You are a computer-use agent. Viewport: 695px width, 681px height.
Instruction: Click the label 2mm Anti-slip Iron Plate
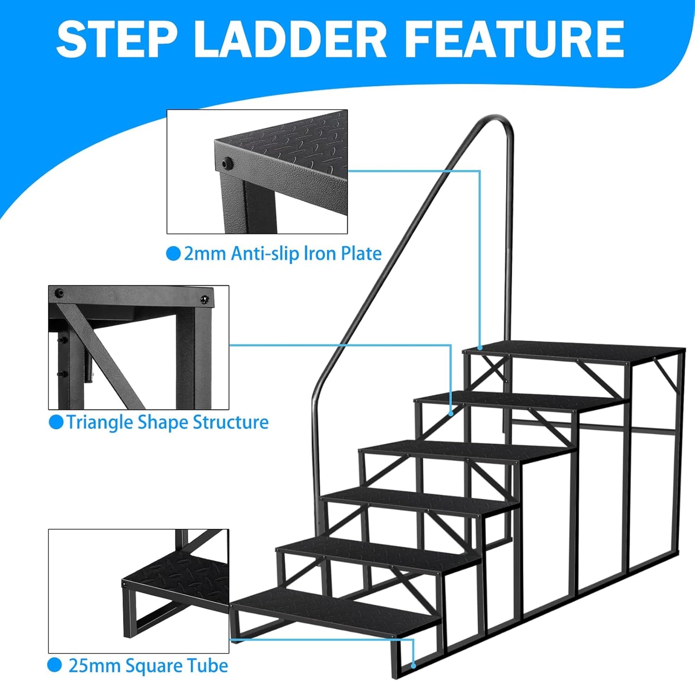(x=282, y=254)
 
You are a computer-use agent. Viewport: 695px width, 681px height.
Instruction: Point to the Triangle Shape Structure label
(x=167, y=422)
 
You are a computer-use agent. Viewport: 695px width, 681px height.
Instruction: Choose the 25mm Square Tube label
(x=148, y=666)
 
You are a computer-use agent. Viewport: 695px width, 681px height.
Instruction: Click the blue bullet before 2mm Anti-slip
(x=173, y=254)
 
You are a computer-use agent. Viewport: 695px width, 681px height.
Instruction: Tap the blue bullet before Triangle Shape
(x=56, y=422)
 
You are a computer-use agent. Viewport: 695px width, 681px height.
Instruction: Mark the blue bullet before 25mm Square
(x=55, y=666)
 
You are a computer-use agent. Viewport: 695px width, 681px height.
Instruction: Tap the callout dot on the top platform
(x=480, y=347)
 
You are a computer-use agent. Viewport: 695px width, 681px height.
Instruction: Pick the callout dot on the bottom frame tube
(x=414, y=666)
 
